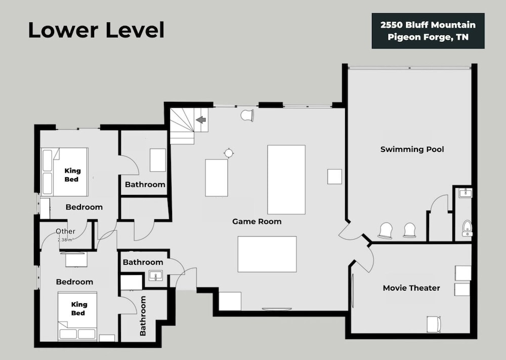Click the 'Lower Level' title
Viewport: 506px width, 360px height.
(96, 30)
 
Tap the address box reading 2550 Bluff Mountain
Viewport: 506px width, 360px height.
(428, 31)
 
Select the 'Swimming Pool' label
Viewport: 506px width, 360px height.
(412, 149)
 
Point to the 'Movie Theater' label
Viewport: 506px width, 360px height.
(411, 288)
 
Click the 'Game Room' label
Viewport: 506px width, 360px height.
(257, 221)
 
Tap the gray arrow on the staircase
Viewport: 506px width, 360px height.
(201, 120)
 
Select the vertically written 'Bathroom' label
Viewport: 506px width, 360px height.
(142, 316)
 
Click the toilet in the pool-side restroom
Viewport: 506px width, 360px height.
(467, 228)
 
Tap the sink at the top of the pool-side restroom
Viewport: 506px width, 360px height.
(465, 193)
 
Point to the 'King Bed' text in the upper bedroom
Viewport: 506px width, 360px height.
(72, 175)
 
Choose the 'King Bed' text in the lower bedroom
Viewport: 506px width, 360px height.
(78, 309)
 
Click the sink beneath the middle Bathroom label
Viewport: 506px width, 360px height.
(156, 276)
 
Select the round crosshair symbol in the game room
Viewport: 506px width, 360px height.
(229, 153)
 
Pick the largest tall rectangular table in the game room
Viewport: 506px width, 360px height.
(286, 180)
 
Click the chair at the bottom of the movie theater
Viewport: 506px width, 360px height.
(434, 324)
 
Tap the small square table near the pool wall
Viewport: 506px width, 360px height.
(334, 177)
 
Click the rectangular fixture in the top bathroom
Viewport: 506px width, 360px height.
(158, 160)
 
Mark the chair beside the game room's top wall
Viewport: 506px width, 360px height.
(247, 115)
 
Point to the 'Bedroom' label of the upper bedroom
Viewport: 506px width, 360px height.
(84, 207)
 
